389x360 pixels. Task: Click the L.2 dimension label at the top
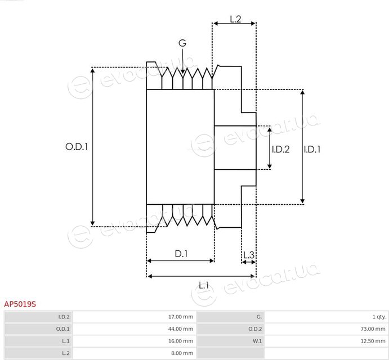click(x=235, y=19)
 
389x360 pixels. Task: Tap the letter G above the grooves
click(x=182, y=43)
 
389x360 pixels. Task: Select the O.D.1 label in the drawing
click(x=77, y=147)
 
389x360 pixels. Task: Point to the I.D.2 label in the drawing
click(x=280, y=149)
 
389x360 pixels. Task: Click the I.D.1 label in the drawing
click(x=312, y=149)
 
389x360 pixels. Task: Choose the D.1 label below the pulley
click(x=181, y=254)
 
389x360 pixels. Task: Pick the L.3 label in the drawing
click(x=249, y=255)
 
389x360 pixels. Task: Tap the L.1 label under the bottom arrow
click(x=204, y=286)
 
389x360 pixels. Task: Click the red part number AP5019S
click(x=20, y=304)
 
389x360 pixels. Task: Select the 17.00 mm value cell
click(x=134, y=317)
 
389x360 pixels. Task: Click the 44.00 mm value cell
click(x=134, y=328)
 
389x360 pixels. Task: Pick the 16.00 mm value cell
click(x=134, y=341)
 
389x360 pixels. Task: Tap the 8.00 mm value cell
click(x=134, y=353)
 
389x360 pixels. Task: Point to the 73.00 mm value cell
click(x=327, y=328)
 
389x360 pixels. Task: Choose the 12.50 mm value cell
click(x=327, y=341)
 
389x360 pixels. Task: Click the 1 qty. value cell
click(x=327, y=317)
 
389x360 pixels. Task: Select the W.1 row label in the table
click(x=257, y=341)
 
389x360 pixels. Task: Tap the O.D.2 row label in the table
click(x=255, y=329)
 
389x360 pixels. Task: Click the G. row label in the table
click(x=259, y=317)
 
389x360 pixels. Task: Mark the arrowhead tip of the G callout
click(x=183, y=74)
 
